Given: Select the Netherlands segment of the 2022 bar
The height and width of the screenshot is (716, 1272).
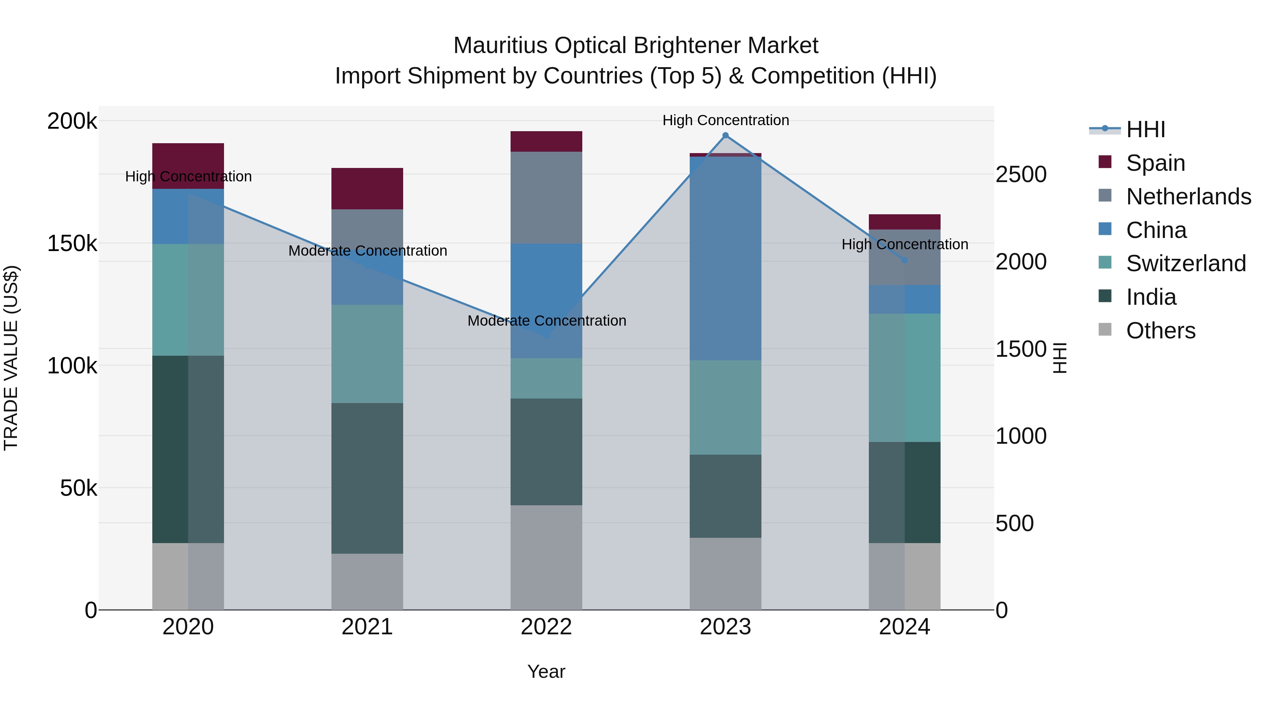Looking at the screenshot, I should (x=546, y=197).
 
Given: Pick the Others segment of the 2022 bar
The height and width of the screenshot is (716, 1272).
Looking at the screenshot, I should (x=546, y=557).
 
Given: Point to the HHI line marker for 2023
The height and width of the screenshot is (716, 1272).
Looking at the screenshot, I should (x=725, y=135).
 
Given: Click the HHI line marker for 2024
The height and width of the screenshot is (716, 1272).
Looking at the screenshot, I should (x=905, y=260).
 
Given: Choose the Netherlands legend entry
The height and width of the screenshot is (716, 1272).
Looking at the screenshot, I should (x=1188, y=197).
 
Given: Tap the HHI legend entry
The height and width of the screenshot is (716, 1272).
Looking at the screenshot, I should (x=1146, y=129).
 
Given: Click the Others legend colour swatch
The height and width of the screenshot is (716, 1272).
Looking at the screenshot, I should (x=1105, y=330).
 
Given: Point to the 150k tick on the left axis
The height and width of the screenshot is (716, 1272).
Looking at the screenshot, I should (x=72, y=244).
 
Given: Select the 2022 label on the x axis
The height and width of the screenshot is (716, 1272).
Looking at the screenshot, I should (x=546, y=627).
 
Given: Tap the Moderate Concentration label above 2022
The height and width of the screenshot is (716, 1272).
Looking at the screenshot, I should (x=547, y=321).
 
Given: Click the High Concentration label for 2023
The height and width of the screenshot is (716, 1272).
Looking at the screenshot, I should (x=725, y=120).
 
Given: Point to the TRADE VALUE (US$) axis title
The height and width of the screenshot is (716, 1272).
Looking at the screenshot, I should (x=11, y=358).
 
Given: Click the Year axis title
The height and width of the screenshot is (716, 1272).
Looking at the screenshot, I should (x=546, y=671).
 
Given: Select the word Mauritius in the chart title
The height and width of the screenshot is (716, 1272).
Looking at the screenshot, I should (x=500, y=46).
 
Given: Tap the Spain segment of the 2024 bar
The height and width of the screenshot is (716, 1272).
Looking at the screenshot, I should (x=904, y=222).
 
